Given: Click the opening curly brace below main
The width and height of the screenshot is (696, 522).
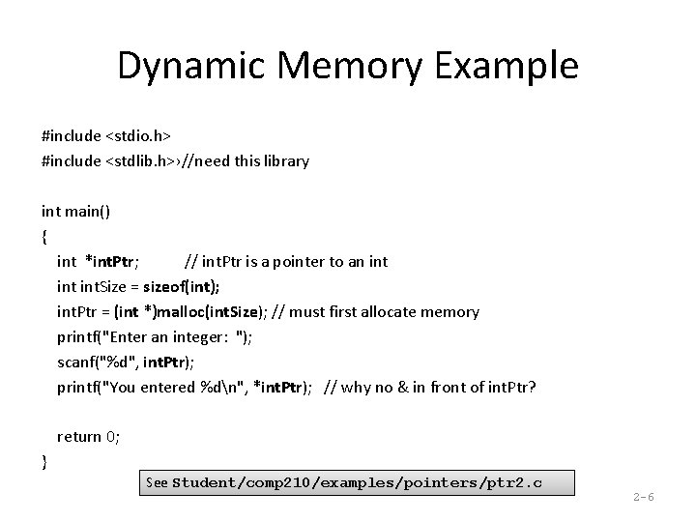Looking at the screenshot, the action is pyautogui.click(x=45, y=236).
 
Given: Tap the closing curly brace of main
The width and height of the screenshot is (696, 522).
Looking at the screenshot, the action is pyautogui.click(x=45, y=461).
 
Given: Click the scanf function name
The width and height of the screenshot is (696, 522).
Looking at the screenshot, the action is pyautogui.click(x=77, y=362).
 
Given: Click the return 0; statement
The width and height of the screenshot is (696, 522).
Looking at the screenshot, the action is pyautogui.click(x=89, y=437).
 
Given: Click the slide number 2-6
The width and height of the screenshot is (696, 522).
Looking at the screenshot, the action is pyautogui.click(x=644, y=497).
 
